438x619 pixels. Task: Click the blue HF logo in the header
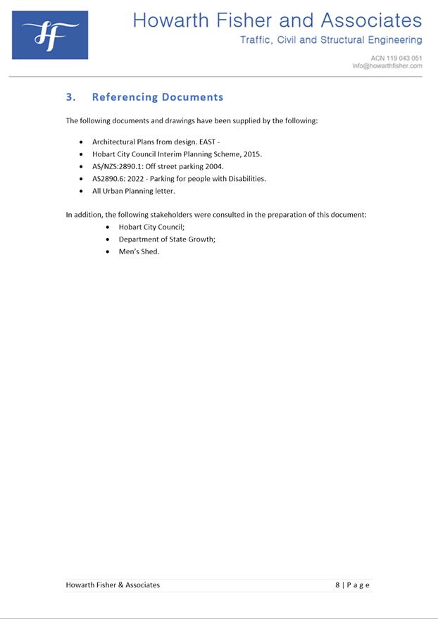click(x=49, y=35)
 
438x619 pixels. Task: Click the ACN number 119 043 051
click(x=403, y=58)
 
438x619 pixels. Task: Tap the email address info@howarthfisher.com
click(x=387, y=66)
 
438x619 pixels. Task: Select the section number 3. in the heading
click(x=70, y=97)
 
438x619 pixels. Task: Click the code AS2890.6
click(x=108, y=179)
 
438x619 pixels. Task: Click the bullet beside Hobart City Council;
click(x=107, y=227)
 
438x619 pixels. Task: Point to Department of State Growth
click(x=166, y=239)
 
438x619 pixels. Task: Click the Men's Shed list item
click(x=139, y=252)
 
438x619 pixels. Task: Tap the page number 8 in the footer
click(x=337, y=585)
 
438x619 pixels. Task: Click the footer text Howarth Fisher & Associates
click(x=113, y=585)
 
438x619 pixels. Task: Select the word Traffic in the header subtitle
click(x=256, y=40)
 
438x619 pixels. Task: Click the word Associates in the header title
click(x=371, y=20)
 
